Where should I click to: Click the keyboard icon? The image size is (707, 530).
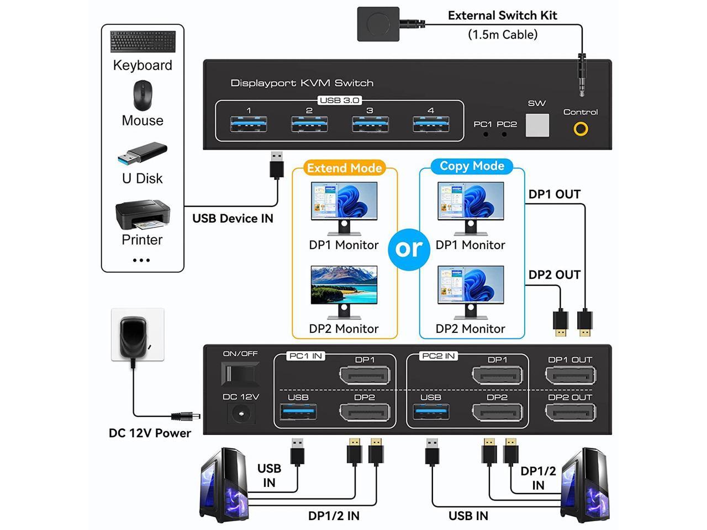pos(143,42)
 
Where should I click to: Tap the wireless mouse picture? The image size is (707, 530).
pos(143,96)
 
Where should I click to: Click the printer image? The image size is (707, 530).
pos(142,216)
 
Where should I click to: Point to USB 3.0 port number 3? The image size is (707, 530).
pos(370,124)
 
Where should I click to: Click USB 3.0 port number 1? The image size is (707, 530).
pos(249,124)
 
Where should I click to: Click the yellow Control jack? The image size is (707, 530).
pos(581,129)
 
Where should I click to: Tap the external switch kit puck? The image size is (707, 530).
pos(378,24)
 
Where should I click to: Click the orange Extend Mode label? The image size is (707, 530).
pos(344,168)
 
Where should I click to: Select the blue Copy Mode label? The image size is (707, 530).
pos(472,166)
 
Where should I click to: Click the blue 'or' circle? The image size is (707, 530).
pos(409,248)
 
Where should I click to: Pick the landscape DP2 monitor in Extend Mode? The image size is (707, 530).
pos(344,288)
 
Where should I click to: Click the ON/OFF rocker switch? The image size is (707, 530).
pos(240,374)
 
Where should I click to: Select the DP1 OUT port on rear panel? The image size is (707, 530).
pos(570,376)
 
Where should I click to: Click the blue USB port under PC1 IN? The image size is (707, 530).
pos(298,412)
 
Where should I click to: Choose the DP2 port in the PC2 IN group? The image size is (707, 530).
pos(497,412)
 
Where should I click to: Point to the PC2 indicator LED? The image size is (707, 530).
pos(504,134)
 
